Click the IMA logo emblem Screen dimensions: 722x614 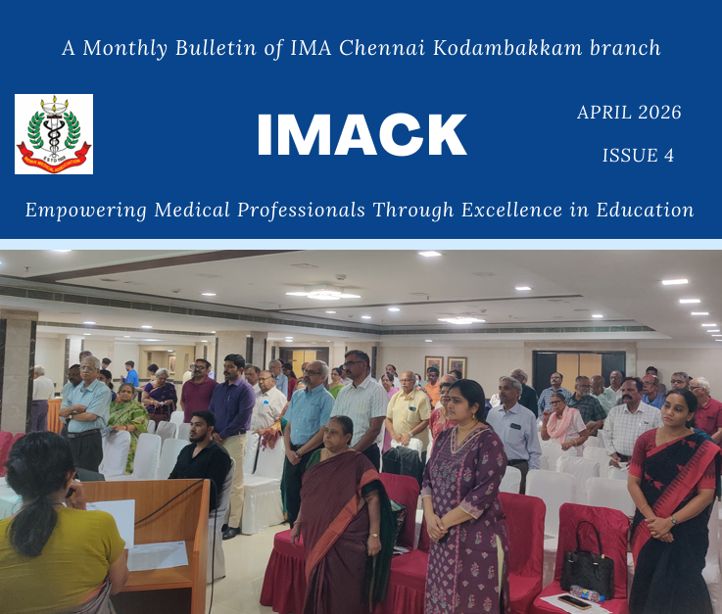pos(54,134)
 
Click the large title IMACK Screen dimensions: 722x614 pos(361,135)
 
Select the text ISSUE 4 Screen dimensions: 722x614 pos(638,155)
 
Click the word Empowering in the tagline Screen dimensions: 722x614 pos(86,211)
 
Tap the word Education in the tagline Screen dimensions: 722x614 pos(646,210)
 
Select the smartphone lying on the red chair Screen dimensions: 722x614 pos(574,601)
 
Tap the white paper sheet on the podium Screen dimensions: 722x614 pos(158,555)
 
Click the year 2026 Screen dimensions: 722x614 pos(659,113)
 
